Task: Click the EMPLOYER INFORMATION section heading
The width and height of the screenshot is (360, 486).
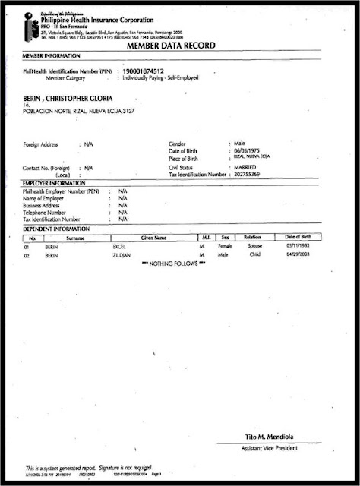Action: [54, 183]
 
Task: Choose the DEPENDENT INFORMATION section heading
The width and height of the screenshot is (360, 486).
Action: [56, 229]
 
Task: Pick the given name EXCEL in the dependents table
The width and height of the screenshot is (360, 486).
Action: [120, 248]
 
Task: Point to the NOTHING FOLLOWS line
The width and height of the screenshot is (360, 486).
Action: [174, 265]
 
